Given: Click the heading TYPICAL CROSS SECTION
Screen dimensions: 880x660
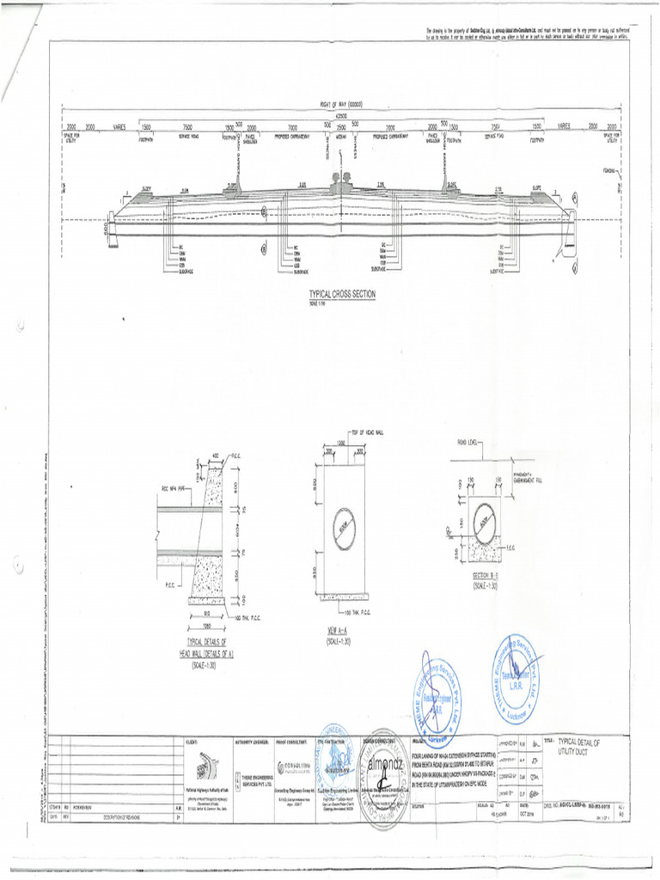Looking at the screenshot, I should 342,294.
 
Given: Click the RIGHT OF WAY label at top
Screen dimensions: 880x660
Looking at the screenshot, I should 341,104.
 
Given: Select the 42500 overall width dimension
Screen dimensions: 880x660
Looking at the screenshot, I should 341,115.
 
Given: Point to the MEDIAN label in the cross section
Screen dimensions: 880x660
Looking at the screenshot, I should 341,136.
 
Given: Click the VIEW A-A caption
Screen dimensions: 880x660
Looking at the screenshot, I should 332,635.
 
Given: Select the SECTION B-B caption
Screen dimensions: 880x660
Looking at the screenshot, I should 485,577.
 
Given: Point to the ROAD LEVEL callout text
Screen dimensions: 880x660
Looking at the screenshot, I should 468,441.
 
